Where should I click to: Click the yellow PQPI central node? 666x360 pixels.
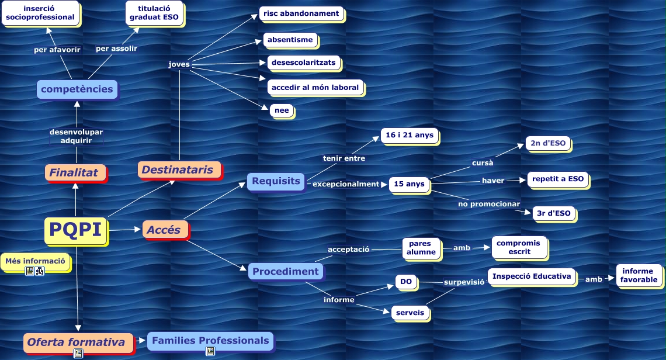76,230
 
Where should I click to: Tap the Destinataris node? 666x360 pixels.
179,170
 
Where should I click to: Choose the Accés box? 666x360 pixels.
165,230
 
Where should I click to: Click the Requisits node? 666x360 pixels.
276,181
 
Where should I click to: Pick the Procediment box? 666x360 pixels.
285,271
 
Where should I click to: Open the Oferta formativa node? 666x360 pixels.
76,342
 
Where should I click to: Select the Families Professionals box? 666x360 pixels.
209,340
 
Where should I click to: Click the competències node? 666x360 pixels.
77,89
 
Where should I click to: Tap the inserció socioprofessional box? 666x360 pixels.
40,13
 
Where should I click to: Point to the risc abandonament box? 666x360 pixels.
301,13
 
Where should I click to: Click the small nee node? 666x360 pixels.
282,110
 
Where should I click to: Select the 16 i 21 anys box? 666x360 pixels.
410,135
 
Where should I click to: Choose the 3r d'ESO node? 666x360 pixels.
553,213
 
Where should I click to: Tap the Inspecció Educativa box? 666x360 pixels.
532,276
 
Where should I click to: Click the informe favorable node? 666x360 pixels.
639,275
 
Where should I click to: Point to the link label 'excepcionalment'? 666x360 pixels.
346,184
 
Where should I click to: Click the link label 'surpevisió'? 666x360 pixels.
464,282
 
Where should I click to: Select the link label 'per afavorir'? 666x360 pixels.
57,49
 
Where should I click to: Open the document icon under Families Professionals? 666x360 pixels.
210,351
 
